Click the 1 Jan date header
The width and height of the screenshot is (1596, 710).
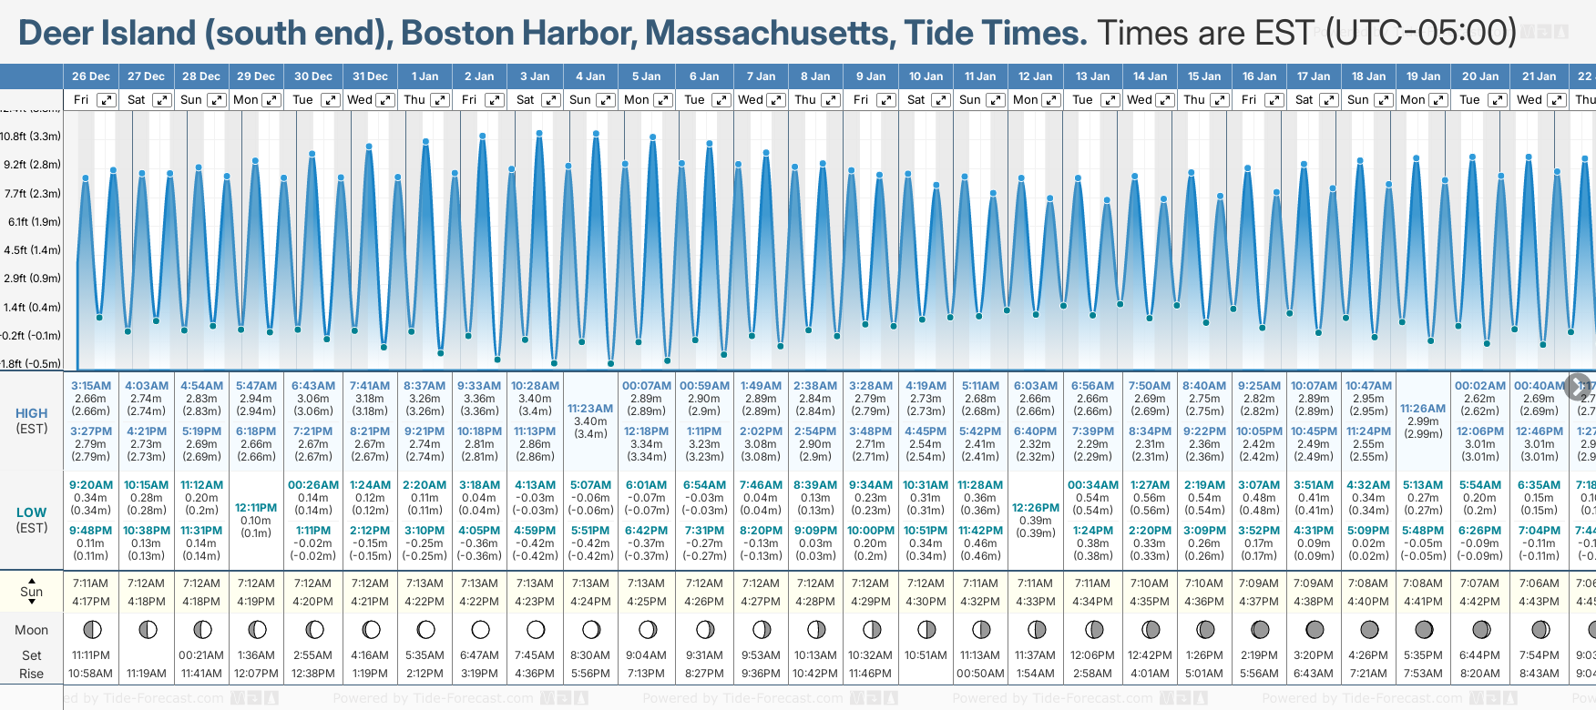coord(425,76)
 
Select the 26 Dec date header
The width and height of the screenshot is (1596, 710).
coord(91,76)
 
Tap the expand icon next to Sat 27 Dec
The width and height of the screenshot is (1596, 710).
coord(161,100)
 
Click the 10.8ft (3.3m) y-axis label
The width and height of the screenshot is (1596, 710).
coord(31,137)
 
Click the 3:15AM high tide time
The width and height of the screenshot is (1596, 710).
coord(91,386)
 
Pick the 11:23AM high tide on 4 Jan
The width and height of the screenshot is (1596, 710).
coord(590,409)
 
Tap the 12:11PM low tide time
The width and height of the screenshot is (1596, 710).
coord(256,508)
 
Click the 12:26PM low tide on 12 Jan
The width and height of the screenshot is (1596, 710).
coord(1035,508)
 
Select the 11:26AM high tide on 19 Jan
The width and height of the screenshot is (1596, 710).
coord(1423,409)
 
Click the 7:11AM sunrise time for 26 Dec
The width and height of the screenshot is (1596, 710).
coord(91,583)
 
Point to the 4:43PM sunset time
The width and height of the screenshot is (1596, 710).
coord(1539,602)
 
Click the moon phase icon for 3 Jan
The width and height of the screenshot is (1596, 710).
coord(536,629)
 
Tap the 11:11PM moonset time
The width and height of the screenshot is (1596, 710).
coord(91,655)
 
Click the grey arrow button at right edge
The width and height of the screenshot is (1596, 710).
coord(1577,385)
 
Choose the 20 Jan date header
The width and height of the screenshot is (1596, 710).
coord(1480,76)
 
